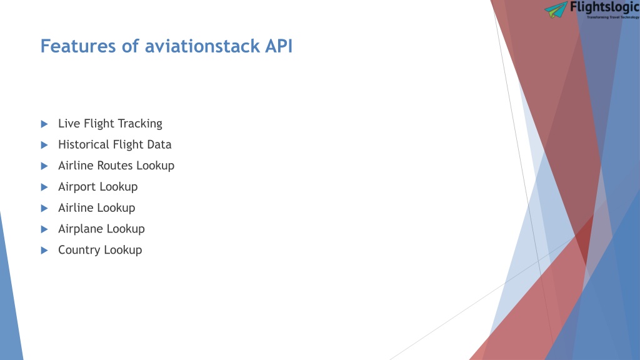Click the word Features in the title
[x=78, y=46]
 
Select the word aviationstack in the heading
[x=202, y=46]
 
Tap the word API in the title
[x=279, y=46]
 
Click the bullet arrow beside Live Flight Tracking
[x=44, y=124]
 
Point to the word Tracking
[x=141, y=124]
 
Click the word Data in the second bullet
[x=160, y=144]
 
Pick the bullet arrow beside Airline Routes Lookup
[x=44, y=166]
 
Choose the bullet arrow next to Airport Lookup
[x=44, y=187]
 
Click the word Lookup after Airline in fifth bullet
[x=116, y=207]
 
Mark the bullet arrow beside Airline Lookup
[x=44, y=209]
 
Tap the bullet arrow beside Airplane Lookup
[x=44, y=229]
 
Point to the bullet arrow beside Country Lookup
[x=44, y=251]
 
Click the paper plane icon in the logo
[x=556, y=10]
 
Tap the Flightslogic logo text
[x=605, y=7]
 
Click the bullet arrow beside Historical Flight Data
[x=44, y=145]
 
